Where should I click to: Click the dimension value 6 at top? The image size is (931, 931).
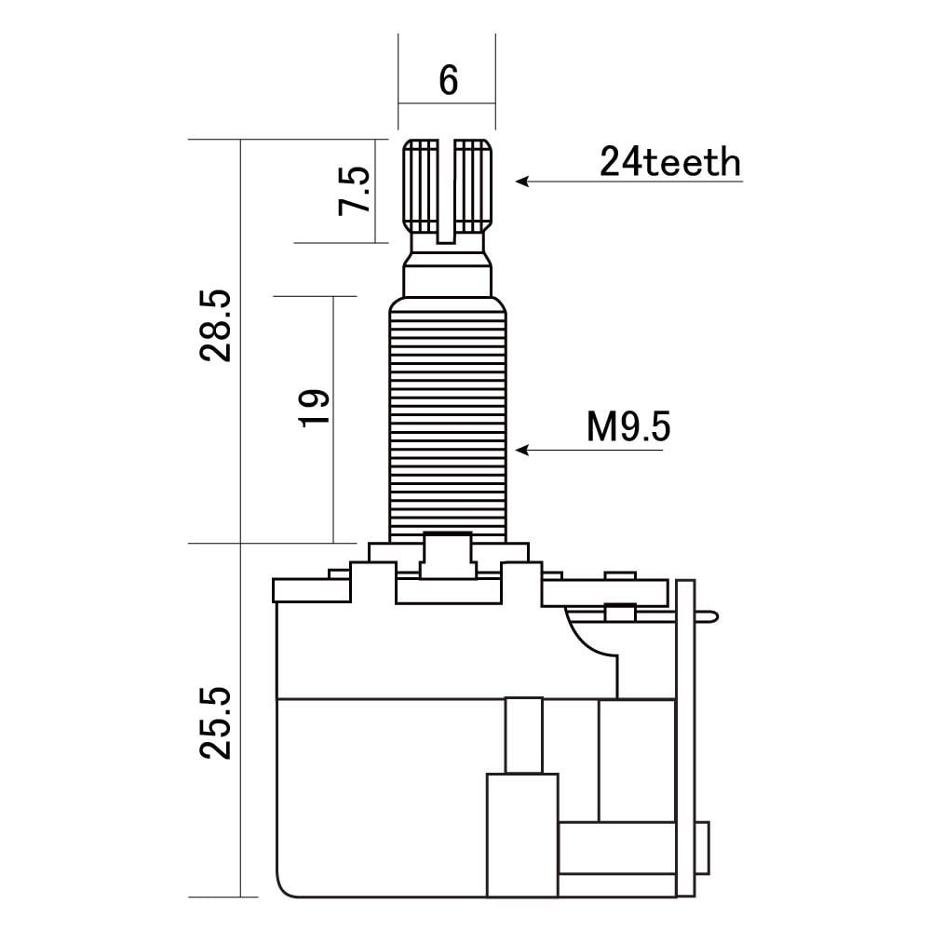pyautogui.click(x=449, y=80)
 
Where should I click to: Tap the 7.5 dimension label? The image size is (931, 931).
pyautogui.click(x=354, y=191)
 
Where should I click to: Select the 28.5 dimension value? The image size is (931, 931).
pyautogui.click(x=215, y=325)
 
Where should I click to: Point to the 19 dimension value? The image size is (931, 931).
pyautogui.click(x=314, y=408)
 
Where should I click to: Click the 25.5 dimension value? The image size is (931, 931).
pyautogui.click(x=215, y=722)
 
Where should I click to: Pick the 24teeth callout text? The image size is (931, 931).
pyautogui.click(x=670, y=161)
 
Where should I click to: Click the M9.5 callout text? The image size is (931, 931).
pyautogui.click(x=628, y=426)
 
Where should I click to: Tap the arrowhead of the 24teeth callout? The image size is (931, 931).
pyautogui.click(x=522, y=182)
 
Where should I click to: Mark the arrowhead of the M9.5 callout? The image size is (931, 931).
pyautogui.click(x=522, y=450)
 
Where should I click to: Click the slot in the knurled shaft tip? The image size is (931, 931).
pyautogui.click(x=446, y=191)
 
